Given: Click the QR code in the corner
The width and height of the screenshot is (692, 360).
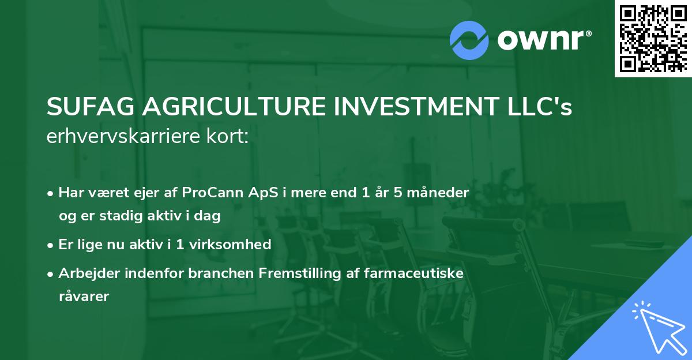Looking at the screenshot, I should pyautogui.click(x=653, y=38).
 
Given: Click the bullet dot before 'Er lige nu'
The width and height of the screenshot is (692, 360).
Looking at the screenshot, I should pyautogui.click(x=51, y=245).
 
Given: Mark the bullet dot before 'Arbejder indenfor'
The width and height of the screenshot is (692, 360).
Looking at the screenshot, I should pyautogui.click(x=51, y=273).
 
